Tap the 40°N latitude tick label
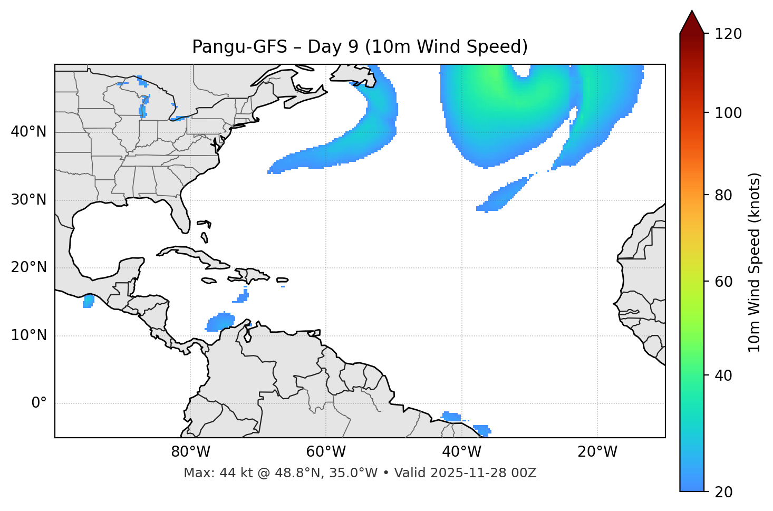[x=28, y=132]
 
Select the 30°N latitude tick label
[x=28, y=200]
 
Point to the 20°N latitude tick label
[x=28, y=267]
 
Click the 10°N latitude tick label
[x=28, y=335]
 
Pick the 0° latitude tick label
[x=39, y=403]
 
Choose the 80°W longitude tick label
[x=190, y=452]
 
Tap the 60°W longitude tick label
[x=326, y=452]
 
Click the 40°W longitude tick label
[x=462, y=452]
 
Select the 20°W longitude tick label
[x=597, y=452]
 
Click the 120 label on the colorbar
[x=728, y=34]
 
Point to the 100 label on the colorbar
[x=728, y=113]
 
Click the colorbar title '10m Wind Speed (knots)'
[x=755, y=262]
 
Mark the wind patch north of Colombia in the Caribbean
[x=220, y=321]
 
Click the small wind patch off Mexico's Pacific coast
[x=89, y=301]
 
